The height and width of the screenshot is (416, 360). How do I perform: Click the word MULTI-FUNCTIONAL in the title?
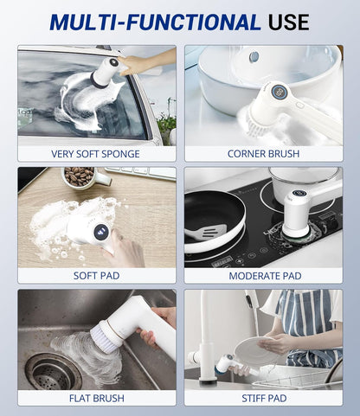143,22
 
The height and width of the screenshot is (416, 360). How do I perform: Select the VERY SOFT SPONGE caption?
96,154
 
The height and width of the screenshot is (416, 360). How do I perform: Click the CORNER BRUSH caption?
263,154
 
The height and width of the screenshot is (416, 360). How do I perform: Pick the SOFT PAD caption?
96,276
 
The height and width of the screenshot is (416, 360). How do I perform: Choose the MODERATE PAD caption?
263,276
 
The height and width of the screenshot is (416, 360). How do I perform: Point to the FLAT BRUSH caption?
96,398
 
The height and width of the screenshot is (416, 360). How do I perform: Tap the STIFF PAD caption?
263,398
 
